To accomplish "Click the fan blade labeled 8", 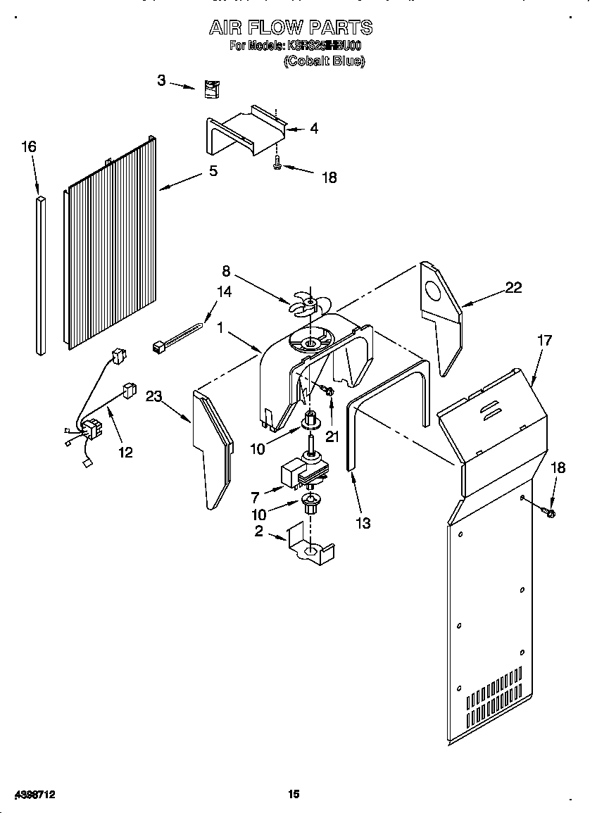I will [x=308, y=303].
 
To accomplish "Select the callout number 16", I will [x=28, y=147].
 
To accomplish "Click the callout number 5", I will [x=213, y=171].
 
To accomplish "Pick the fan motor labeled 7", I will [x=305, y=473].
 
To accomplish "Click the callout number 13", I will [x=363, y=523].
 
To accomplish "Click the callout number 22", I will [x=514, y=288].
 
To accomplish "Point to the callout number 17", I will [x=544, y=340].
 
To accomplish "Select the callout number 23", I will [x=153, y=396].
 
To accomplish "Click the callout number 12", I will [x=125, y=452].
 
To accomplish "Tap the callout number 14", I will [x=224, y=291].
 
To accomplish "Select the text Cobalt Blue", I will [x=324, y=61].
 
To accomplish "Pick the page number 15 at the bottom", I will [x=294, y=793].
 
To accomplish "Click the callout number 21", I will [x=332, y=436].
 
